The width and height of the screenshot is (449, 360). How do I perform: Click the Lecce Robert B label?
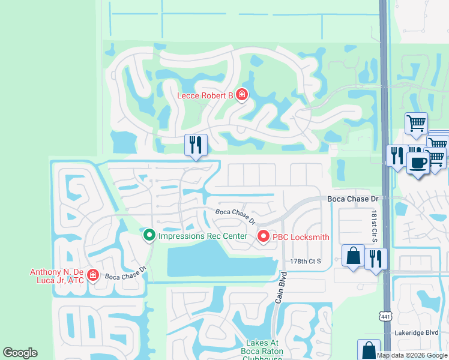point(205,95)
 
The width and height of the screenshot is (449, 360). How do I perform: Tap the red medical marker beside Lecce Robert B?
point(241,95)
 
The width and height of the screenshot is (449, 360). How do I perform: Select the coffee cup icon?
point(418,162)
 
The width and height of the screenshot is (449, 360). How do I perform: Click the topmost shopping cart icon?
point(415,124)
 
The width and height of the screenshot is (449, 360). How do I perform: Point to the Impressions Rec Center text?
point(203,236)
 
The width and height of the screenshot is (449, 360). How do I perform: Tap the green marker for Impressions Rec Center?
point(149,235)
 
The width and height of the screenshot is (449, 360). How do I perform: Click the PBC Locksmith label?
point(301,237)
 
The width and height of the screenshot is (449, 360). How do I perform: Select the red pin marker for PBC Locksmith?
point(263,237)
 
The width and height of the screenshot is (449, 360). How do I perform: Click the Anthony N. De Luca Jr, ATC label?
point(58,275)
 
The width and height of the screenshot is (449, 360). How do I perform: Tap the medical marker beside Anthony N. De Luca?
point(92,275)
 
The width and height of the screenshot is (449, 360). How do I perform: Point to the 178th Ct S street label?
point(306,261)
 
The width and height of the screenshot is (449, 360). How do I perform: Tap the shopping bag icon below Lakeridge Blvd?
point(369,349)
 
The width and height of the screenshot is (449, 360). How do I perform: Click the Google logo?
point(20,353)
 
